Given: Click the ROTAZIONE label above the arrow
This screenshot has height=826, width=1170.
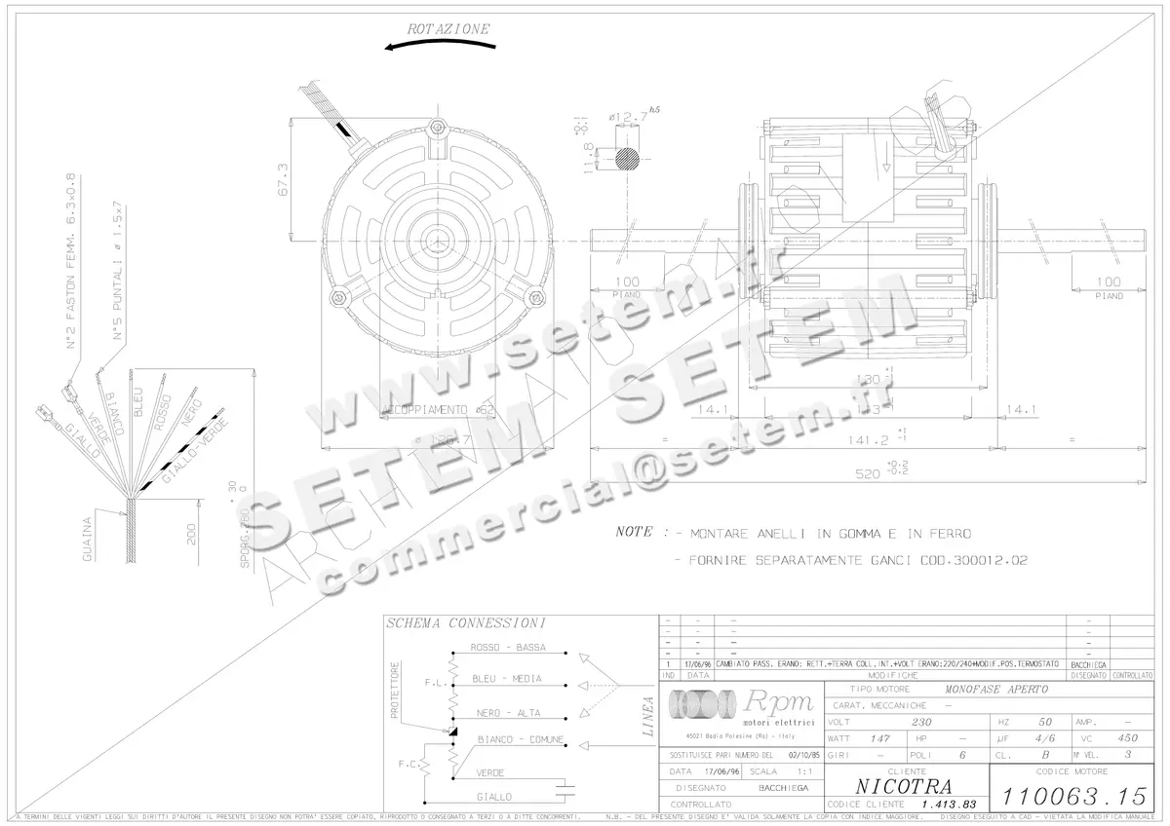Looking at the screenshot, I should (x=448, y=29).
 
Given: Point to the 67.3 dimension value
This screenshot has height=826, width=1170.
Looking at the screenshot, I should (x=284, y=180).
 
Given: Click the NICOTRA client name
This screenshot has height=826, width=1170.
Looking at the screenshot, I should (x=904, y=786).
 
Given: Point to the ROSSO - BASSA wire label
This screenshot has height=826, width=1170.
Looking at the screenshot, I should (x=507, y=648).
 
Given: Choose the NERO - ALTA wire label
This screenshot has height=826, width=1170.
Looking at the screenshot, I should (x=508, y=713).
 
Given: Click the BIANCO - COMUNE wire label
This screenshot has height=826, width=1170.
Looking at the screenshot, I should (x=520, y=740).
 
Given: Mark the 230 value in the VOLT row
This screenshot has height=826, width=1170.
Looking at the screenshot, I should (x=921, y=723).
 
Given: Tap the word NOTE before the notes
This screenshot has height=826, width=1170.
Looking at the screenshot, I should (x=635, y=533).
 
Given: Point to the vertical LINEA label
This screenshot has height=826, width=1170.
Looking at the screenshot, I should (x=648, y=717).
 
